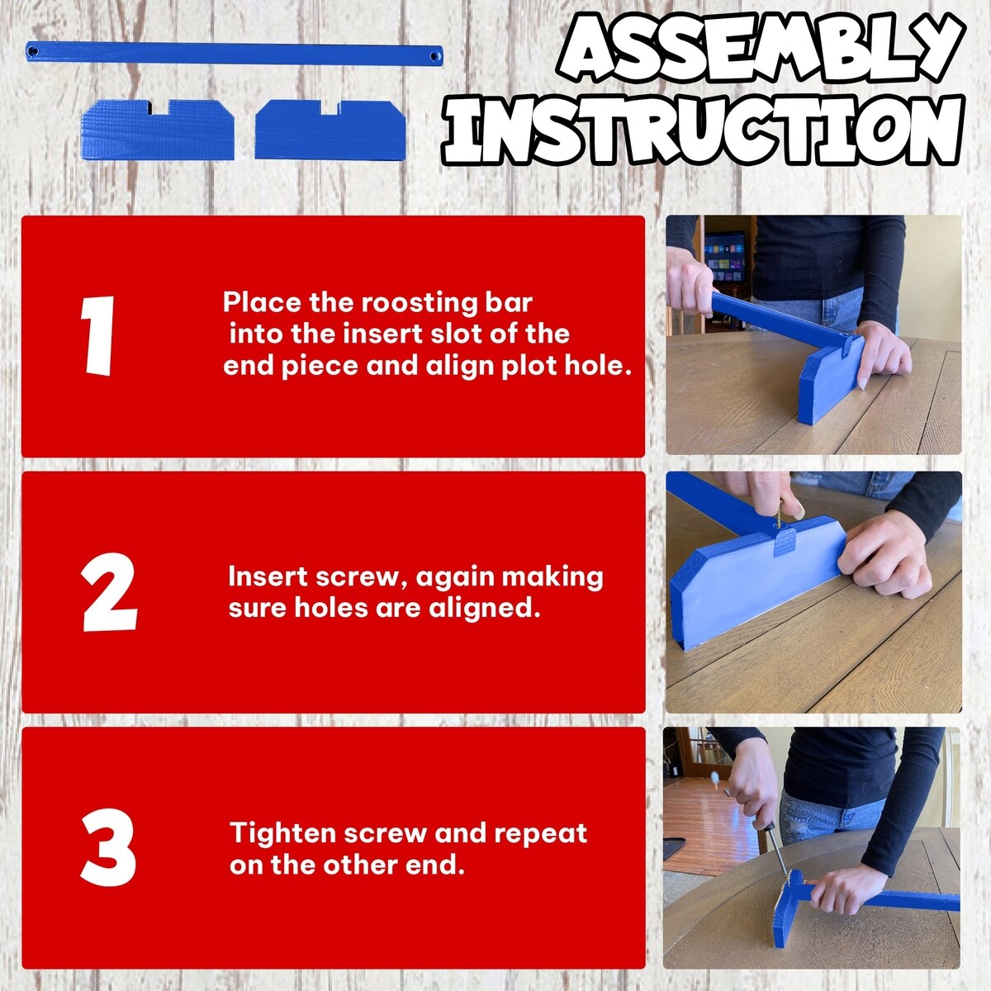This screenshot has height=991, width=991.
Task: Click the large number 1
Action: pyautogui.click(x=97, y=336)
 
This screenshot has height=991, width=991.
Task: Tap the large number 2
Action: pyautogui.click(x=109, y=592)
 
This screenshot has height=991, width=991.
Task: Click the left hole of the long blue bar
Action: pyautogui.click(x=33, y=51)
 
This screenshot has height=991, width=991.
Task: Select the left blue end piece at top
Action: pyautogui.click(x=158, y=129)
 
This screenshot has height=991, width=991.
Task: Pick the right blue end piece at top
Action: pyautogui.click(x=330, y=129)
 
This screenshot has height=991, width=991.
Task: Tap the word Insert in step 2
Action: pyautogui.click(x=267, y=577)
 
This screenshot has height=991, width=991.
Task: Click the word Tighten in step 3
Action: pyautogui.click(x=284, y=833)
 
